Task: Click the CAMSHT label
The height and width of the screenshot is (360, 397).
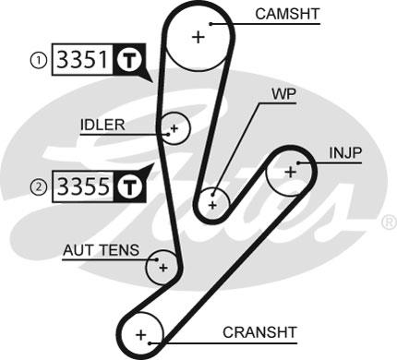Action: [287, 14]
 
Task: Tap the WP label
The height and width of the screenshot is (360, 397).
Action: [283, 94]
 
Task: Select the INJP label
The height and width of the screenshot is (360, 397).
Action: [345, 153]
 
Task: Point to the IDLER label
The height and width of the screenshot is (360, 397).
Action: [102, 125]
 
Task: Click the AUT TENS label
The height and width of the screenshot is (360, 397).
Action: [102, 250]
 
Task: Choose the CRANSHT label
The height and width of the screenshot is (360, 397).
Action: [259, 332]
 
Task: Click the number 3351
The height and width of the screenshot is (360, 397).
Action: [83, 59]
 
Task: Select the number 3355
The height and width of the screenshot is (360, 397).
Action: [83, 186]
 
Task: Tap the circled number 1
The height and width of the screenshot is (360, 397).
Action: [39, 60]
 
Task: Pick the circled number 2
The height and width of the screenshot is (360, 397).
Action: [39, 186]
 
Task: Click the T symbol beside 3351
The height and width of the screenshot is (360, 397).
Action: [129, 59]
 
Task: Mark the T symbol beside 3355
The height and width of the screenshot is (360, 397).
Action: [129, 186]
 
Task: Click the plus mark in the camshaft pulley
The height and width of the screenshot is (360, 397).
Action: [198, 37]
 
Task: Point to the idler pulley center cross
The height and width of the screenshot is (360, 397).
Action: [174, 128]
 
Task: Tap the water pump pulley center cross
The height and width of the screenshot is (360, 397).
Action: [212, 205]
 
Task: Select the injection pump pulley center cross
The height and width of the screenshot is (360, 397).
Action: [291, 172]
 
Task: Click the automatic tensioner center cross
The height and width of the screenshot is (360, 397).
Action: [163, 268]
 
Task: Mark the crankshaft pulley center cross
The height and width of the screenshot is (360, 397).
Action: [141, 335]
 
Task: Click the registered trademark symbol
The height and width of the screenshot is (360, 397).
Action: [389, 222]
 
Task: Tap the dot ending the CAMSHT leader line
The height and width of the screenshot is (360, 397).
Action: [211, 24]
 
